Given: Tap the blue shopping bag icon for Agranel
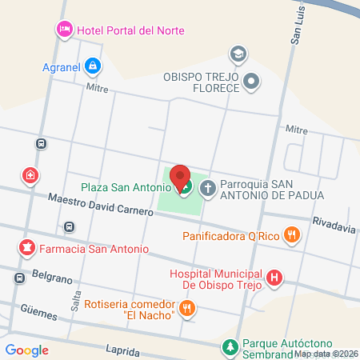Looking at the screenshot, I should (x=94, y=65).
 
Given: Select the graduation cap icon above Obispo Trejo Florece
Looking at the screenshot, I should (x=238, y=54).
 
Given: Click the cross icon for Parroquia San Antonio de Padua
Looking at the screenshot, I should (x=207, y=189).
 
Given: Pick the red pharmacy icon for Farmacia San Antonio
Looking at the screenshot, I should (x=27, y=248).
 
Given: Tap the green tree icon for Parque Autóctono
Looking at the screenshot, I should (x=230, y=346).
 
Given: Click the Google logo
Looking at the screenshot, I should (x=27, y=350).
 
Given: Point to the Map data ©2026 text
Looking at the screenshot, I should (x=326, y=354).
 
